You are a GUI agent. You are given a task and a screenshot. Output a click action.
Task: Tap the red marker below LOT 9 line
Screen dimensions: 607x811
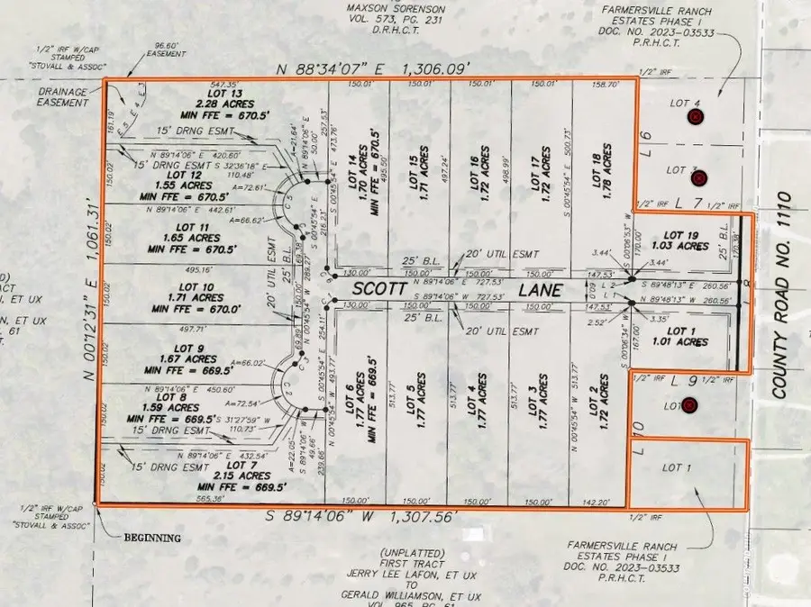click(690, 406)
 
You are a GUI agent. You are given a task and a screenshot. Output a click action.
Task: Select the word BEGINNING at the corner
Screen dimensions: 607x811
click(152, 539)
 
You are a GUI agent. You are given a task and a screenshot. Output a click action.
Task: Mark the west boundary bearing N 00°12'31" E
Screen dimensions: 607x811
click(89, 293)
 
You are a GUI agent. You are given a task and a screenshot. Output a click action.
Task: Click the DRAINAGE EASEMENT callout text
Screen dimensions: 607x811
click(62, 96)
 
